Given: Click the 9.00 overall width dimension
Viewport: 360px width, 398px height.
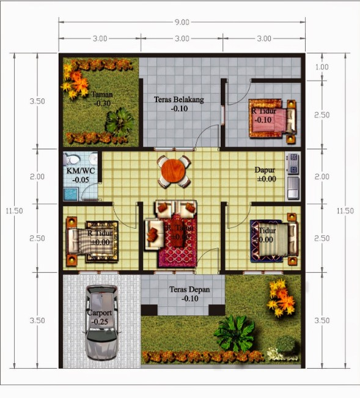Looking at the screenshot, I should click(182, 22).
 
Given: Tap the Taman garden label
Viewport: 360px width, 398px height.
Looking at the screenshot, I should click(102, 95).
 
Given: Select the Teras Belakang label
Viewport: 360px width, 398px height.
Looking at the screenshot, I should click(179, 99).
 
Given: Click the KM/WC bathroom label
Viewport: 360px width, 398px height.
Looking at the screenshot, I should click(81, 171).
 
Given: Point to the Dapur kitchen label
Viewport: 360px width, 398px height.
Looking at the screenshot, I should click(265, 170).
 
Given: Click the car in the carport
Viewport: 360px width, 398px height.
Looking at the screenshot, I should click(101, 322).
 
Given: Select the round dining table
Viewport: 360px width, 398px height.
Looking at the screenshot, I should click(174, 171).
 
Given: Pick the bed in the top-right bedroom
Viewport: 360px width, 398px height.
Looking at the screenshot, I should click(271, 117).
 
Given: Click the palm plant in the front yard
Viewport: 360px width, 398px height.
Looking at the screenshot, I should click(235, 333).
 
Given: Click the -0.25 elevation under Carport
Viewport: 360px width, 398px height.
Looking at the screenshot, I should click(99, 321).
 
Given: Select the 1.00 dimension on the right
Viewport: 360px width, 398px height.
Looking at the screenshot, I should click(321, 67).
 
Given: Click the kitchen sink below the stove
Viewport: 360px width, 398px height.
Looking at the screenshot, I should click(293, 185).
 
